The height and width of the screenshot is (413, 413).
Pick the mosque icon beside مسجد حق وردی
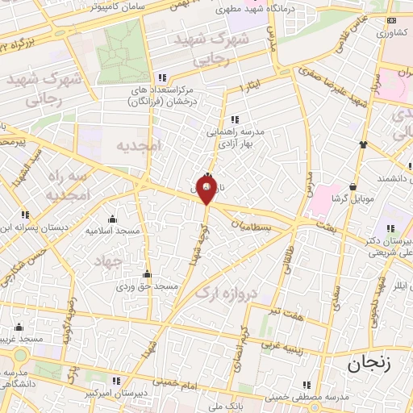[x=146, y=273]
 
